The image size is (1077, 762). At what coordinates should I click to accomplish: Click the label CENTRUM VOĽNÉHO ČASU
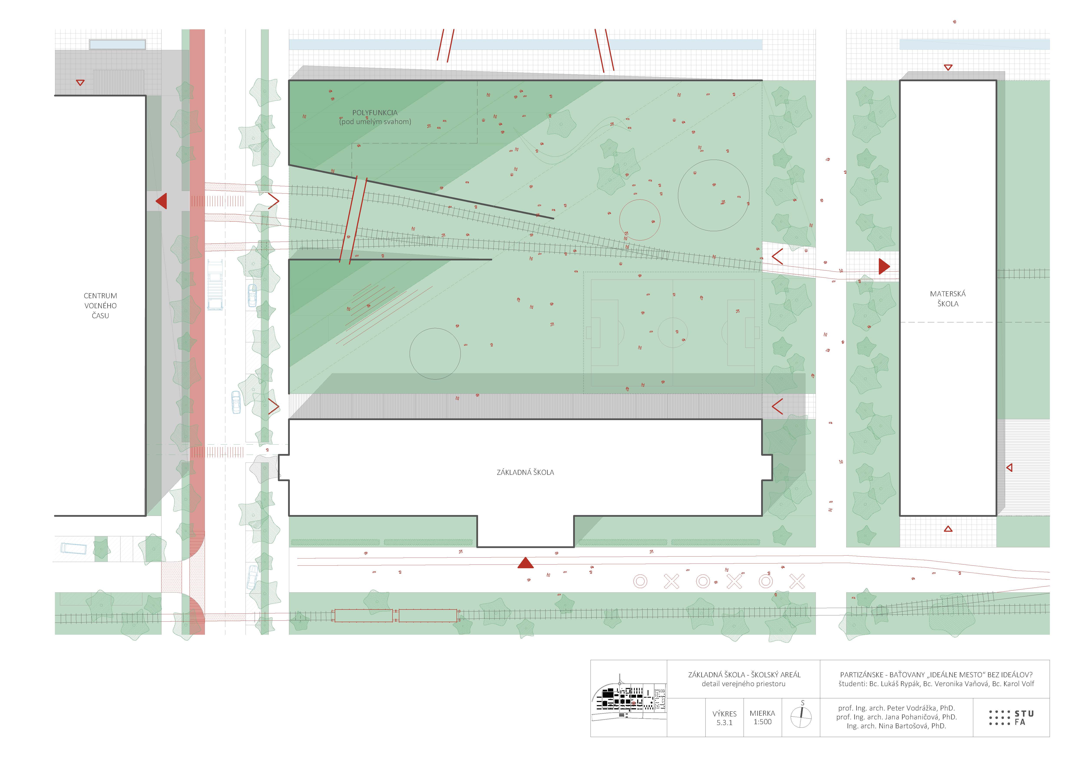(x=100, y=305)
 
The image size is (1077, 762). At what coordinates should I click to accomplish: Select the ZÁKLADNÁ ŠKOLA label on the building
(x=525, y=472)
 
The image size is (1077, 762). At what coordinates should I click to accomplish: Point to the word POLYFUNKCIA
(x=375, y=113)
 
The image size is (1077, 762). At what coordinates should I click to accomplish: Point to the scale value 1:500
(x=762, y=722)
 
